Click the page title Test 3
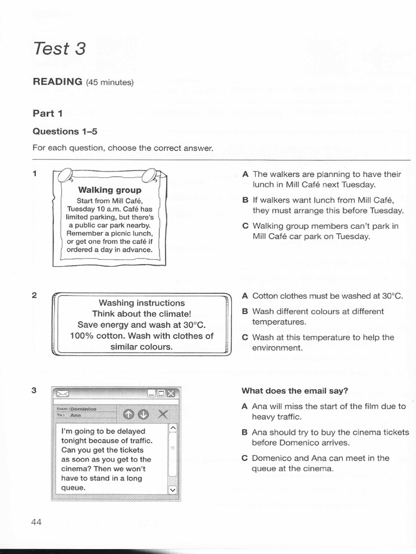click(x=60, y=49)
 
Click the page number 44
click(x=36, y=522)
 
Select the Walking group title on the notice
click(x=109, y=190)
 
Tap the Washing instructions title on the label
click(x=141, y=303)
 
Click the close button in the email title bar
click(x=171, y=393)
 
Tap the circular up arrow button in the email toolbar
click(x=128, y=414)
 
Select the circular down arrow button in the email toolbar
click(x=142, y=414)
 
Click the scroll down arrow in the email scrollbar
click(x=173, y=490)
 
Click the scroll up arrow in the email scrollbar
click(x=173, y=428)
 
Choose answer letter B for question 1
click(x=245, y=200)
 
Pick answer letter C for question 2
click(x=245, y=337)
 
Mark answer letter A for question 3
click(x=245, y=406)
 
